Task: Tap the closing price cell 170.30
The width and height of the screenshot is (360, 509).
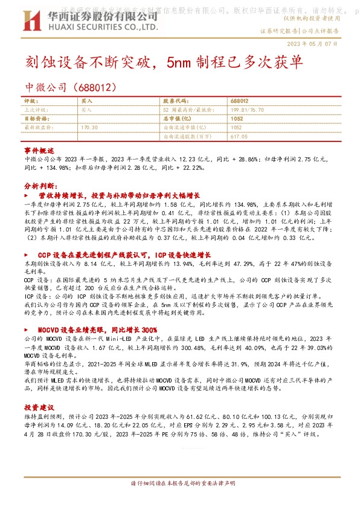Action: [89, 128]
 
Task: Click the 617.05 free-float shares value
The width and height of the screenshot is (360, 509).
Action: [239, 137]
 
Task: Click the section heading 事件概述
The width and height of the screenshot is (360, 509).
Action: [38, 149]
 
